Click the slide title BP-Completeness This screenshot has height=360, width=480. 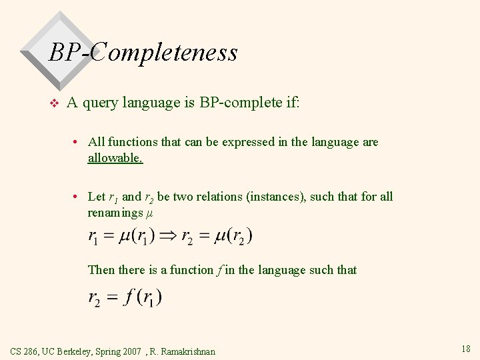tap(143, 52)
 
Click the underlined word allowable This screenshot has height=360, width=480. tap(115, 158)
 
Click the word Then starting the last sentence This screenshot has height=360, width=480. tap(101, 270)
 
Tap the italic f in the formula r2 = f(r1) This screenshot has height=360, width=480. tap(130, 297)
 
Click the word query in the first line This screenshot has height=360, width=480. tap(101, 103)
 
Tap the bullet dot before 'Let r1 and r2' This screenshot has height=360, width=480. tap(78, 197)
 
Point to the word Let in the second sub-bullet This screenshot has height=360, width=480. tap(97, 197)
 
